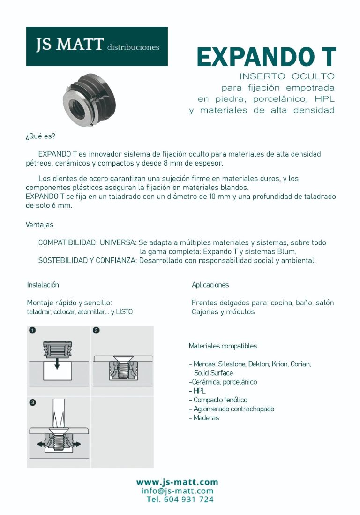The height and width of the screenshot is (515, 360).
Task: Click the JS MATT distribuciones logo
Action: (97, 46)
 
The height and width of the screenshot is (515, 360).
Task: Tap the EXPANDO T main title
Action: (266, 57)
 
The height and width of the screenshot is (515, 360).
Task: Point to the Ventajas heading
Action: (39, 225)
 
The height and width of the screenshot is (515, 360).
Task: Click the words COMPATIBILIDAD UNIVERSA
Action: (87, 242)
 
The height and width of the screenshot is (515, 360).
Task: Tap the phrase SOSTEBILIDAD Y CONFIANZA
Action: (87, 260)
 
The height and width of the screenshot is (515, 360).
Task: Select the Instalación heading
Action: (43, 285)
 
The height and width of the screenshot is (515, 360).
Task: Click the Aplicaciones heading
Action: (210, 285)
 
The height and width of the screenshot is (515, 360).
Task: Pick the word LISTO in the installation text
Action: (124, 312)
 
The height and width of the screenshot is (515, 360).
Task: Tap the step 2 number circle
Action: (96, 330)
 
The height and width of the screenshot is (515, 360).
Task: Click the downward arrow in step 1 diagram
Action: (57, 364)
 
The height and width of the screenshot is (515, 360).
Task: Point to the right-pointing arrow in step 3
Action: (76, 443)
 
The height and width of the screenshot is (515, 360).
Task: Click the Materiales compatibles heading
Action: (223, 346)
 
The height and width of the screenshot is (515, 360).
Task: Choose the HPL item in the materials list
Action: (199, 391)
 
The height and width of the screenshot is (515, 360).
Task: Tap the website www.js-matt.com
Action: (177, 482)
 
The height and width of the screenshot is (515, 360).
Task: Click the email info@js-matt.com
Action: (177, 491)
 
